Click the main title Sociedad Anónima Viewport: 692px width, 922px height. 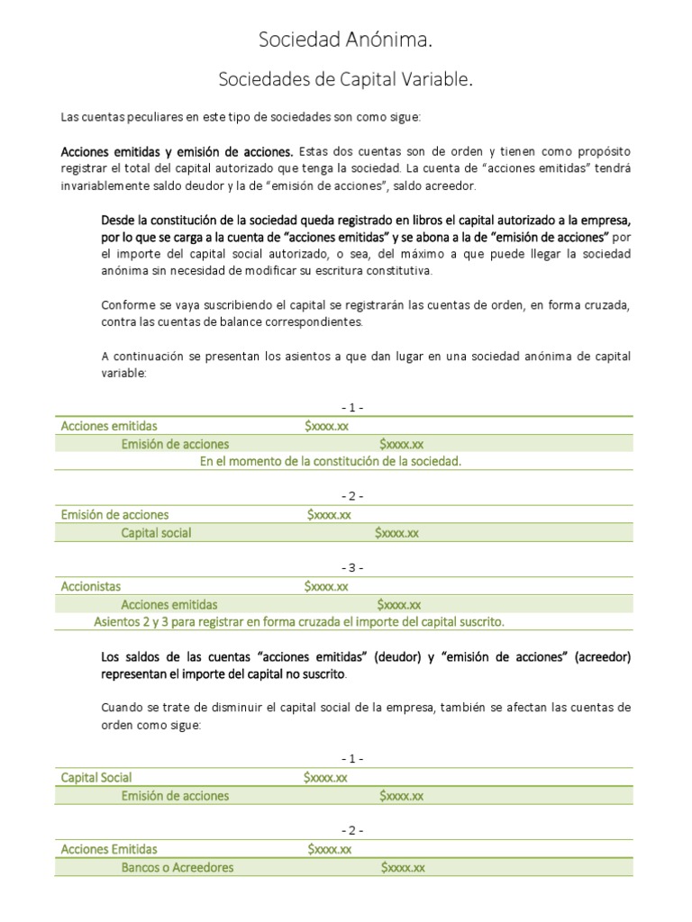(x=345, y=39)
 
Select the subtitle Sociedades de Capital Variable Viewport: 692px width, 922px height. (x=345, y=80)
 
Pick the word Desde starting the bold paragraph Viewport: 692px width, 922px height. (x=119, y=221)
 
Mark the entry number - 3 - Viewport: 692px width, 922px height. (x=352, y=567)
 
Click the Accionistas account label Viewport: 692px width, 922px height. (x=91, y=586)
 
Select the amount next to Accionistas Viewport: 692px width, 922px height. (x=327, y=586)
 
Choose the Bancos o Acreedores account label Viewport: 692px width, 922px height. (x=178, y=868)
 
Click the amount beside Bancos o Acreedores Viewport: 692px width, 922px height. (x=403, y=868)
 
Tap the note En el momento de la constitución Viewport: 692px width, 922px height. (x=329, y=461)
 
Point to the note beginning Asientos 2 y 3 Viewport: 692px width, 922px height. (x=298, y=621)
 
